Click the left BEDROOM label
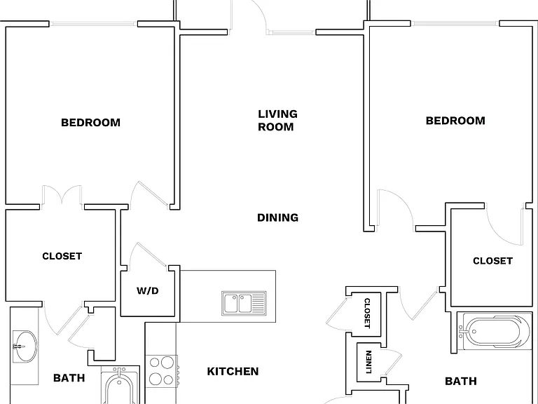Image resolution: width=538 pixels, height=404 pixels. [90, 123]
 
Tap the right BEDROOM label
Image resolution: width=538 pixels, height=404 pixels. [455, 121]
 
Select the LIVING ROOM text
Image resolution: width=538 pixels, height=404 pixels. [277, 120]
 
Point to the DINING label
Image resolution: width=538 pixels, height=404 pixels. [277, 217]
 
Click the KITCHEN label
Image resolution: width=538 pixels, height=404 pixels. [233, 371]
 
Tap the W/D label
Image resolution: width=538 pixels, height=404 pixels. [148, 290]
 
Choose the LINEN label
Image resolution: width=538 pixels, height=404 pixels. [368, 362]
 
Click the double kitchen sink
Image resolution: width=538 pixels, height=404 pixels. [244, 303]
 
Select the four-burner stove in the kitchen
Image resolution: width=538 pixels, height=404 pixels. [162, 371]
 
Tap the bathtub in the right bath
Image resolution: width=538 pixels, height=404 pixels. [495, 331]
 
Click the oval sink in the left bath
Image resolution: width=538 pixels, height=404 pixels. [25, 346]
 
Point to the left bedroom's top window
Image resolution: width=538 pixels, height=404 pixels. [93, 24]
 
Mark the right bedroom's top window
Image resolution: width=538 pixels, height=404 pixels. [455, 23]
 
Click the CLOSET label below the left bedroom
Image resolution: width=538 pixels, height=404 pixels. [62, 256]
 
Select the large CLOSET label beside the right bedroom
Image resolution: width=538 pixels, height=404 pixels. [492, 261]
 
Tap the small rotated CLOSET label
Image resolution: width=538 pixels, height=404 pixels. [367, 313]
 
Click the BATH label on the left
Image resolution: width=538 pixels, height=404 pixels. [69, 378]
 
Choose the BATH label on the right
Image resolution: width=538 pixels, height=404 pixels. [461, 381]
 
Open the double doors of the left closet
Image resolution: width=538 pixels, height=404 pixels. [62, 196]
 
